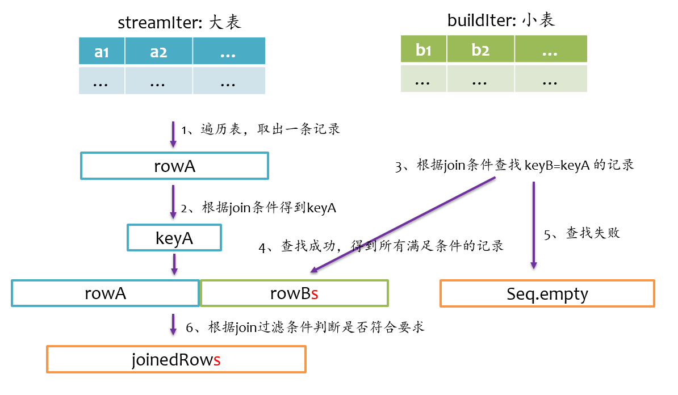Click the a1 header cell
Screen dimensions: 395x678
(102, 52)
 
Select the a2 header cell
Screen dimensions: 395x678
(158, 52)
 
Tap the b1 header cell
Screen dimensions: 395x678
(424, 49)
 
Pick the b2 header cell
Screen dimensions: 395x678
(480, 49)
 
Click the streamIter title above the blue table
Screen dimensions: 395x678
(179, 22)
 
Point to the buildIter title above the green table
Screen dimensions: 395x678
(501, 20)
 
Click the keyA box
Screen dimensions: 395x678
(174, 237)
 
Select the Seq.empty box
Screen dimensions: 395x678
(547, 294)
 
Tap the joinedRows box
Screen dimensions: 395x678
(177, 359)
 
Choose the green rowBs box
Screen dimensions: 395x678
(294, 293)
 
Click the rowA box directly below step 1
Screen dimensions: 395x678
(174, 166)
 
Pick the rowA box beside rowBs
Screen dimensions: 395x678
(106, 293)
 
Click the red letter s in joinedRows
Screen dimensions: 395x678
(216, 360)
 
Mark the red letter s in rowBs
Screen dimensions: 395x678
(315, 294)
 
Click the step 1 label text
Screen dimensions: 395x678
(260, 129)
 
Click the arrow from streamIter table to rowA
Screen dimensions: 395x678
(173, 134)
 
